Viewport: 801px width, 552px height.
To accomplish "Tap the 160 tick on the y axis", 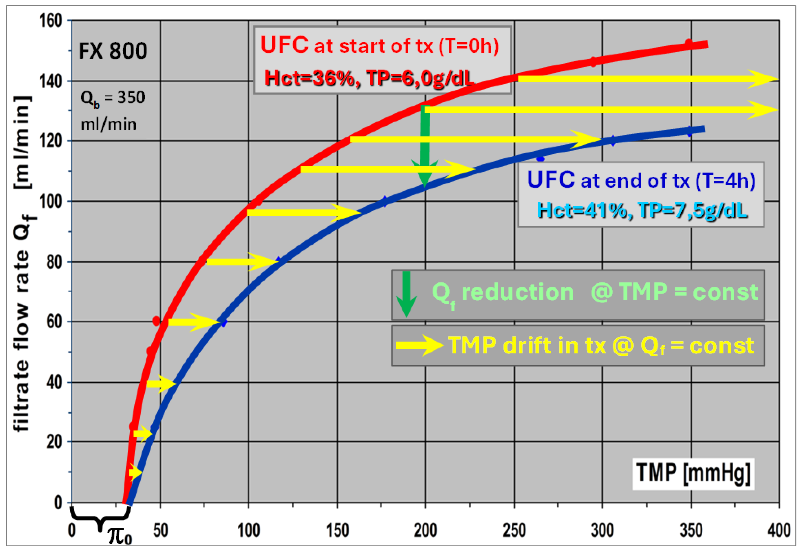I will coord(51,21).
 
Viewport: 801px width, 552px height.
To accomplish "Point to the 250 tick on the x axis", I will coord(514,530).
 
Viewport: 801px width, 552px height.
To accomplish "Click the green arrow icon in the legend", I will coord(406,294).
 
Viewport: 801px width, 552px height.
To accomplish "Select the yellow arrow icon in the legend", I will coord(419,345).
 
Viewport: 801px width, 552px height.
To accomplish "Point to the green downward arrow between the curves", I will coord(425,145).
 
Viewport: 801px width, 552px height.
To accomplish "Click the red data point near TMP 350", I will coord(689,43).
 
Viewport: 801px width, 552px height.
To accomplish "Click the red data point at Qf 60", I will coord(156,321).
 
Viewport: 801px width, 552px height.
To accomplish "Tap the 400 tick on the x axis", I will coord(779,530).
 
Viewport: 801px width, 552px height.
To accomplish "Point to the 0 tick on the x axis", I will coord(72,530).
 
